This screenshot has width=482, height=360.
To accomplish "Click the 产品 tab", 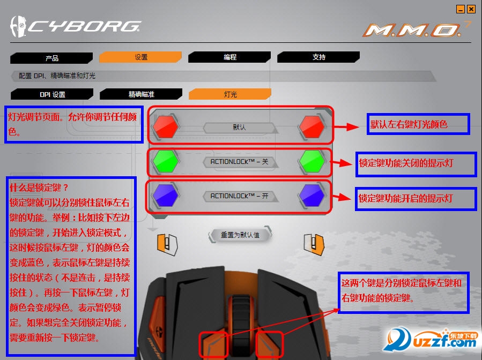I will [x=51, y=58].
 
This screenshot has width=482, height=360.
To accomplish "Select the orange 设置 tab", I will [x=140, y=57].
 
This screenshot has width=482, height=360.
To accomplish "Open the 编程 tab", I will [x=230, y=57].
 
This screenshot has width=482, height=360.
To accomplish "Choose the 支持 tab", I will [x=318, y=57].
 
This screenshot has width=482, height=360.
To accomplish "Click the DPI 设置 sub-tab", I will [x=52, y=94].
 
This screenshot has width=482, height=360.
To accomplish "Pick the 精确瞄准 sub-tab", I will [x=141, y=94].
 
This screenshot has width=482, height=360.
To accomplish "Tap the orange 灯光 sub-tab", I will [x=230, y=94].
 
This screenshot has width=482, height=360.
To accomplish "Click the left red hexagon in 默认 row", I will [x=166, y=127].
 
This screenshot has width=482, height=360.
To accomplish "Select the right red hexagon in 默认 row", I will [x=312, y=127].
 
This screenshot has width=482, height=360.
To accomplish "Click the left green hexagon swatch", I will [x=166, y=160].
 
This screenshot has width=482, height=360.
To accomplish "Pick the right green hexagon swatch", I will [x=312, y=160].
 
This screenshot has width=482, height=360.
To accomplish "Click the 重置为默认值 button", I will [x=240, y=235].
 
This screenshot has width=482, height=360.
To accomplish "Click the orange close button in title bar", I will [x=471, y=9].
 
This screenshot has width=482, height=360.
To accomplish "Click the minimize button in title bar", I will [x=460, y=9].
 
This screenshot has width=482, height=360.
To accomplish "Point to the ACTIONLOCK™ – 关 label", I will [x=239, y=161].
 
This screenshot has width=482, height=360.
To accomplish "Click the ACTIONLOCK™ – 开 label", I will [x=239, y=197].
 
